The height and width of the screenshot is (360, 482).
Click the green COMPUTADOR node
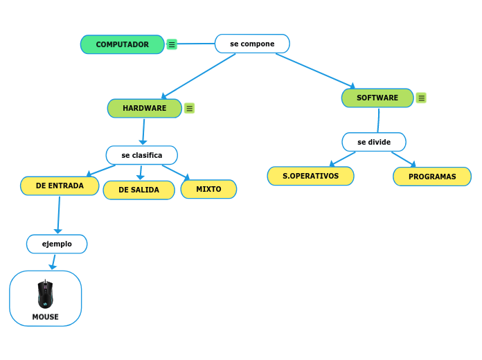point(123,44)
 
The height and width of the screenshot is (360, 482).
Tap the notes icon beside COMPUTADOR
point(172,44)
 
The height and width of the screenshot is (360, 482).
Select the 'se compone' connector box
point(252,44)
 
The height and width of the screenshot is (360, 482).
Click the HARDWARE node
point(144,108)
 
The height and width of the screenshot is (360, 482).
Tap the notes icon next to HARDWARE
point(189,108)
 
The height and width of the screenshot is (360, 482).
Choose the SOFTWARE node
point(377,98)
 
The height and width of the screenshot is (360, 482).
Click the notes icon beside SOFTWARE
point(421,98)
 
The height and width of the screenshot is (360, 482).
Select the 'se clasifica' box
point(141,155)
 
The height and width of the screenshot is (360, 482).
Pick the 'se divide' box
point(374,142)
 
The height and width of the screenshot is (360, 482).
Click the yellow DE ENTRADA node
point(60,186)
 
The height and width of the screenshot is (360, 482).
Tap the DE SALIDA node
point(139,190)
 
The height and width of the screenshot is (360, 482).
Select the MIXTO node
point(208,189)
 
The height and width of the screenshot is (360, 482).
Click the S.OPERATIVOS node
point(310,176)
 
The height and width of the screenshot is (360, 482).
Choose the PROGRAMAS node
point(432,177)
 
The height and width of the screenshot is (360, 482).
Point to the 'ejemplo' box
point(57,244)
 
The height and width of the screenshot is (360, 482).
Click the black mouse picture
point(45,294)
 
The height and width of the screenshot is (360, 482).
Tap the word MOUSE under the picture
point(45,317)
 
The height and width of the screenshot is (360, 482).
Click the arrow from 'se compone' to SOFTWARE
point(315,70)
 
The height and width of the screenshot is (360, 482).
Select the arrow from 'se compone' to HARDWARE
point(199,75)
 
